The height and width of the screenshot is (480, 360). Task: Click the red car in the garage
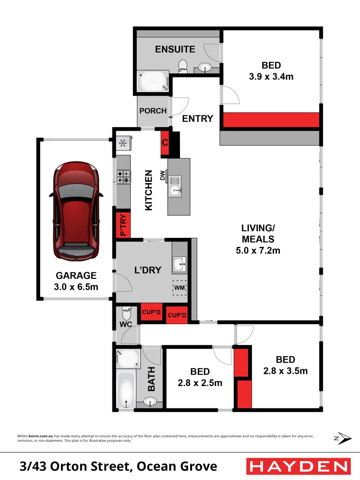point(76,211)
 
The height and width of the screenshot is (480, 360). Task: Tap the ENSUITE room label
point(175,49)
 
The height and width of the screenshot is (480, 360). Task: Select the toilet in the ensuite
point(182,66)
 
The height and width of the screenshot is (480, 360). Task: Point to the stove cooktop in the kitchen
point(123,176)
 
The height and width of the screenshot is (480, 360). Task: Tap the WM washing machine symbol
point(179,288)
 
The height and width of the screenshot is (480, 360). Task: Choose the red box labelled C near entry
point(165,143)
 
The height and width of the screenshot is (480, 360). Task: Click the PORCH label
point(153,111)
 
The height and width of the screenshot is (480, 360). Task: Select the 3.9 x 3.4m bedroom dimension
point(271,76)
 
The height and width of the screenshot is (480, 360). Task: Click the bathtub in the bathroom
point(126,390)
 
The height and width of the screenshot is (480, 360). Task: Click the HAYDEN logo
point(298,466)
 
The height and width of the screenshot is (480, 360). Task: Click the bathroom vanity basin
point(150,403)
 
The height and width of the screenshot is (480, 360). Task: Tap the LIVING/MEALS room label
point(258,239)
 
